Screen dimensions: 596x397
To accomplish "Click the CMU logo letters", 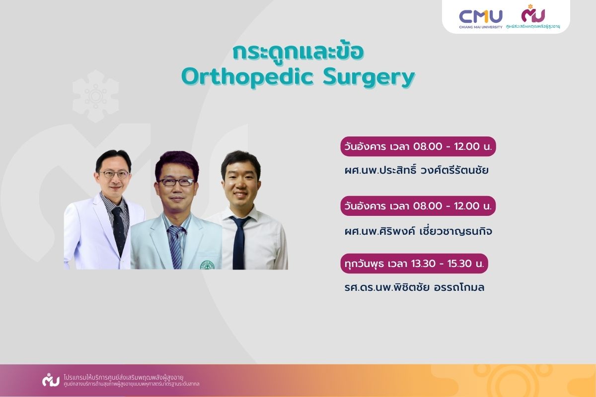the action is (x=481, y=16).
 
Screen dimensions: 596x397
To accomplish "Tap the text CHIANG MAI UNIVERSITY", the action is (x=481, y=27).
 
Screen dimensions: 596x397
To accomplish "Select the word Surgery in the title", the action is (x=369, y=78).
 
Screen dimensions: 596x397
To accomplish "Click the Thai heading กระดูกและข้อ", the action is (x=298, y=52).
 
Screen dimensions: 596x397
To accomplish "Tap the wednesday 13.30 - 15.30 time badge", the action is (x=414, y=263).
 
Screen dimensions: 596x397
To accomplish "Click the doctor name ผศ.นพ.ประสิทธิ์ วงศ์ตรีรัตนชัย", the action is (x=416, y=170).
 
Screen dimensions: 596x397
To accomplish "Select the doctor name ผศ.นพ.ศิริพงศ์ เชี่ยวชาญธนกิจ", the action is (x=418, y=231).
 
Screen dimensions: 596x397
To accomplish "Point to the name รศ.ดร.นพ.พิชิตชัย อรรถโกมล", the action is (x=414, y=287).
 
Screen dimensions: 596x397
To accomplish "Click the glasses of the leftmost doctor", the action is (x=114, y=175).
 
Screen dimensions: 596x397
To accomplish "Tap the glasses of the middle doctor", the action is (x=176, y=182).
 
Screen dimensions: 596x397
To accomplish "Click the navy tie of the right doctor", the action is (x=239, y=242).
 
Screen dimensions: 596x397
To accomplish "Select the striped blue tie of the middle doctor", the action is (x=176, y=247).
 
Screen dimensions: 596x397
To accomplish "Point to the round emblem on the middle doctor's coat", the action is (x=207, y=265).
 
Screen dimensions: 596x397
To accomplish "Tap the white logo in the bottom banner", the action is (x=51, y=380).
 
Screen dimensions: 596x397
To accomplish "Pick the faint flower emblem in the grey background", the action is (x=96, y=96).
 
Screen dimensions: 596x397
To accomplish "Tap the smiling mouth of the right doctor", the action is (x=241, y=195).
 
